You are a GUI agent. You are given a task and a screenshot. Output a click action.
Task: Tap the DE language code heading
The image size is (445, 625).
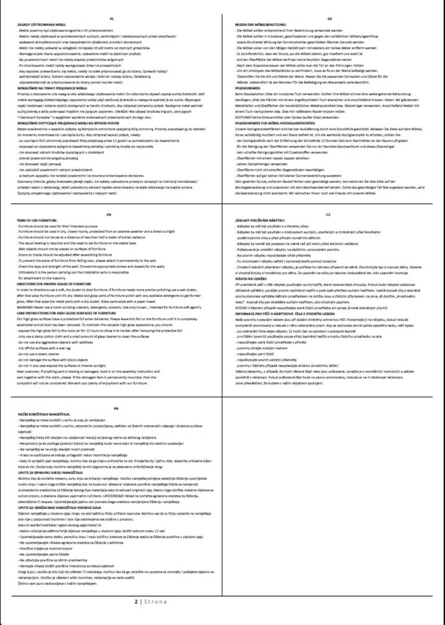coord(330,18)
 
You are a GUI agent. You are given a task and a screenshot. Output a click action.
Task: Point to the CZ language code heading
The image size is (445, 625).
coord(329,214)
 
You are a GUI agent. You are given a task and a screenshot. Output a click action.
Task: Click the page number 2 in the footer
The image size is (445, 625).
coord(136,602)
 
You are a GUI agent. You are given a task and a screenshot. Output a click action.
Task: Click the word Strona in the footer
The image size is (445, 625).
coord(155,602)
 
